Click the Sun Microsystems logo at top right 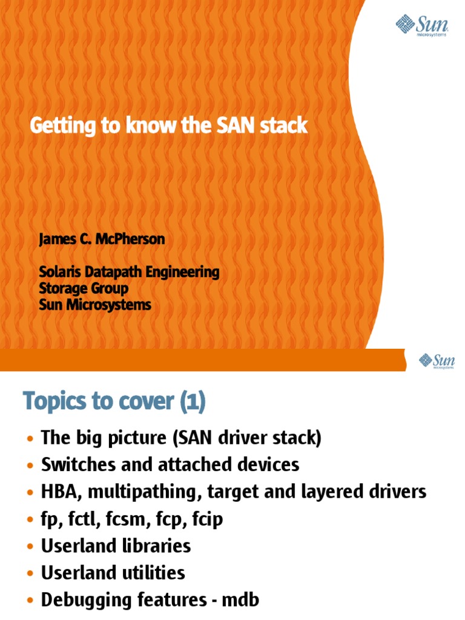423,26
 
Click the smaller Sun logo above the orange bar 437,361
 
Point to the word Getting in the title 60,127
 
